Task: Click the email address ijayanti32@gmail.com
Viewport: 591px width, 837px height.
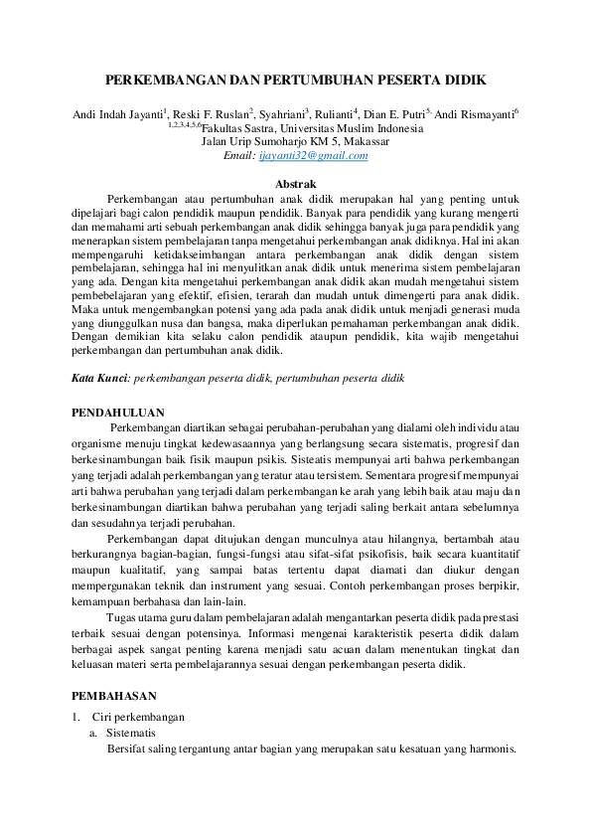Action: pos(314,155)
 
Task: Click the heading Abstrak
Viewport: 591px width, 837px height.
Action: pos(295,183)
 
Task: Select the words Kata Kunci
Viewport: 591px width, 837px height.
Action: pos(101,379)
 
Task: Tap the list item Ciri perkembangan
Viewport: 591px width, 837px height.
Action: pos(138,717)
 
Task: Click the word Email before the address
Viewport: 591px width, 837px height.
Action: pos(240,155)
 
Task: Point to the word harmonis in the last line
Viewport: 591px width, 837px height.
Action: pos(492,749)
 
